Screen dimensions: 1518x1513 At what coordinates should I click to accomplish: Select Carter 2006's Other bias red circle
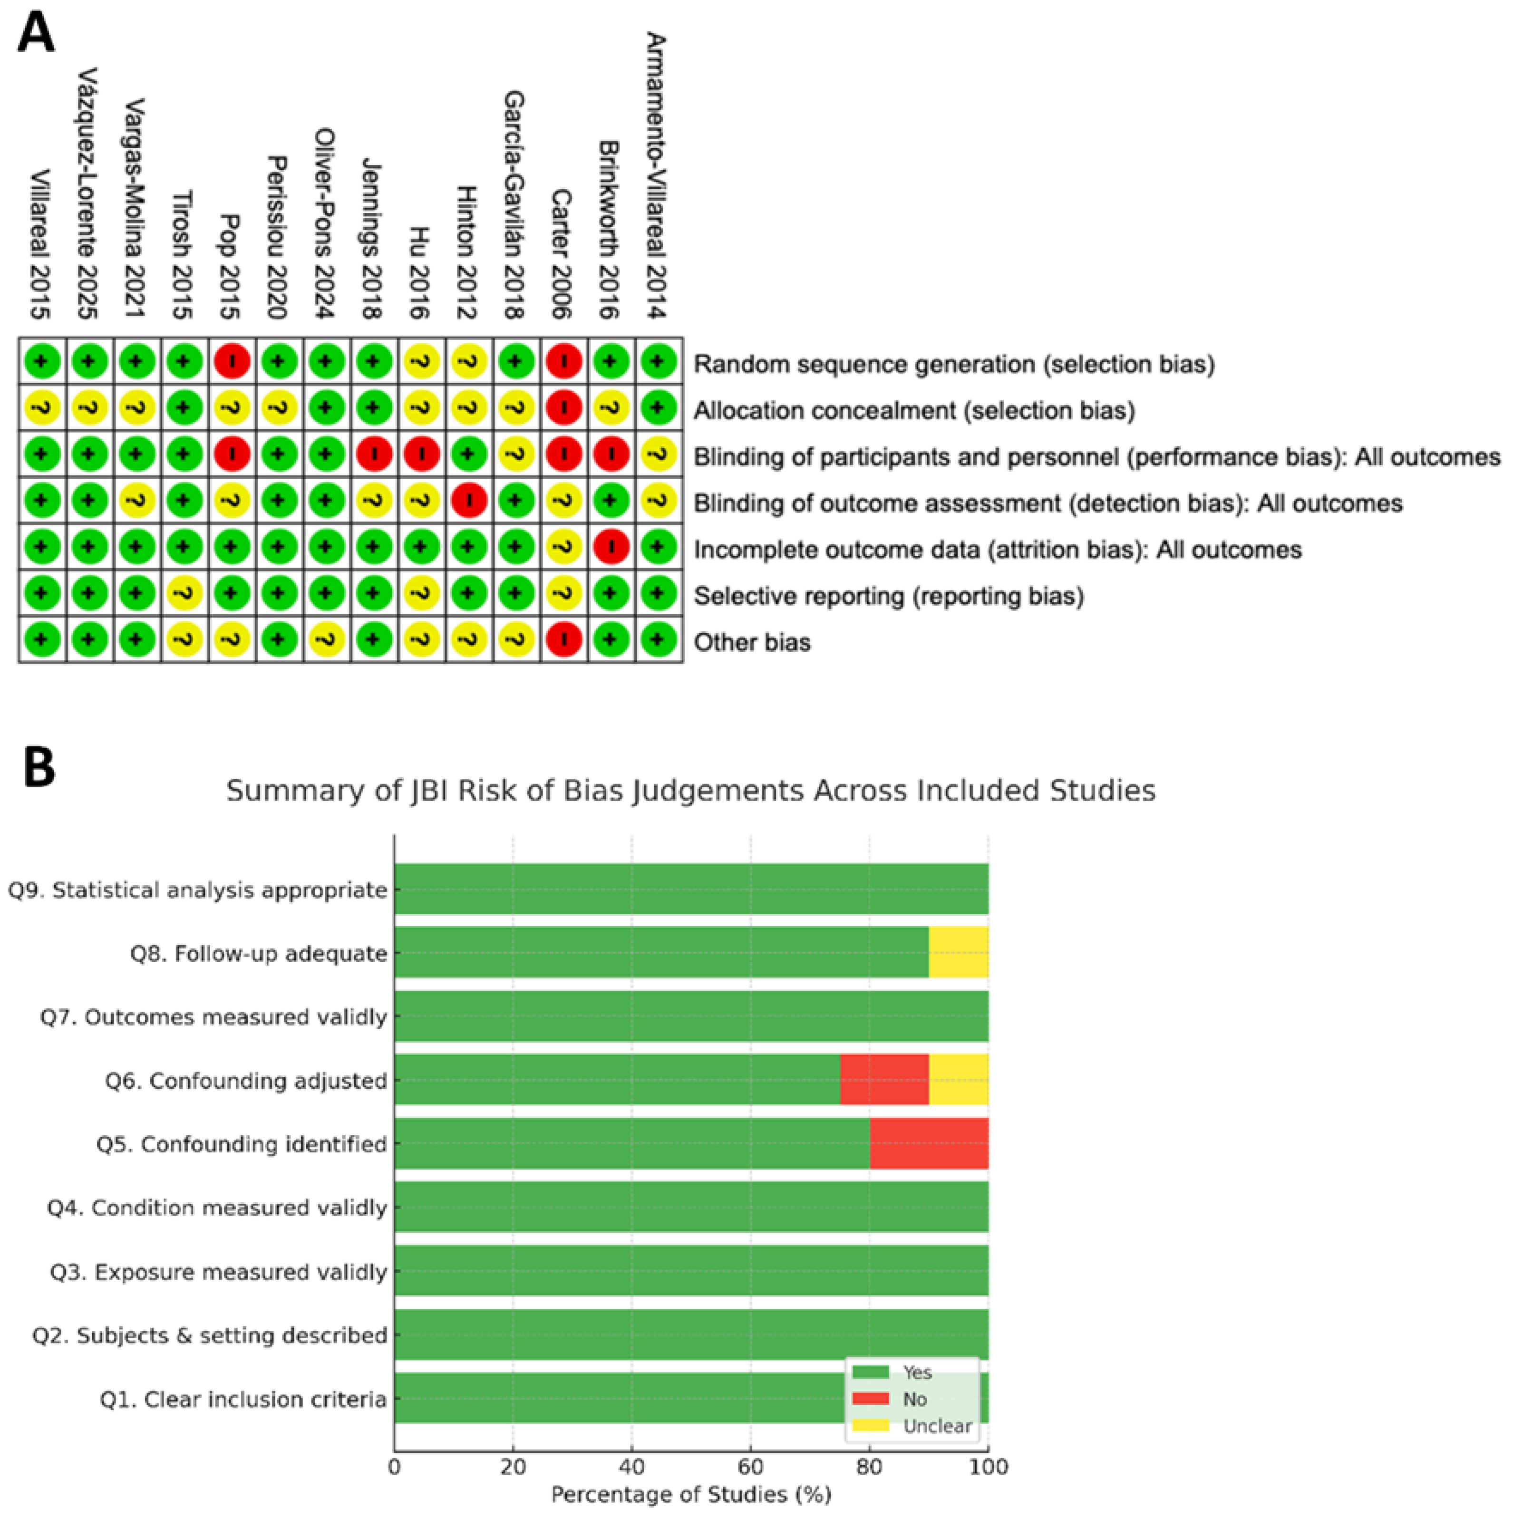click(x=563, y=640)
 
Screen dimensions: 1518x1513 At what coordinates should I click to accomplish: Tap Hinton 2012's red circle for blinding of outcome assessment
click(x=468, y=501)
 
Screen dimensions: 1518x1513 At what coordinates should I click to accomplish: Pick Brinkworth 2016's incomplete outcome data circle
click(x=611, y=548)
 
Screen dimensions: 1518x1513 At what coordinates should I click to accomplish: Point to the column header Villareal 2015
click(x=41, y=243)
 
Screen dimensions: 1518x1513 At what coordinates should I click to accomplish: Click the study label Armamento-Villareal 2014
click(x=656, y=177)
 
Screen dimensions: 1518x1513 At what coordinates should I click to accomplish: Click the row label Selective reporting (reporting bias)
click(x=888, y=596)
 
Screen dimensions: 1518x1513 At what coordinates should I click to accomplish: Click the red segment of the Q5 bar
click(x=928, y=1143)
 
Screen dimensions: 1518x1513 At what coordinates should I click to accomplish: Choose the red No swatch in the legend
click(x=870, y=1399)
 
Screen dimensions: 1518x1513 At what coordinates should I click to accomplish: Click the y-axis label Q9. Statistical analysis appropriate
click(x=198, y=890)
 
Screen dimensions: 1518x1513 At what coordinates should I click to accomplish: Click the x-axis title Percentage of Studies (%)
click(x=691, y=1494)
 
